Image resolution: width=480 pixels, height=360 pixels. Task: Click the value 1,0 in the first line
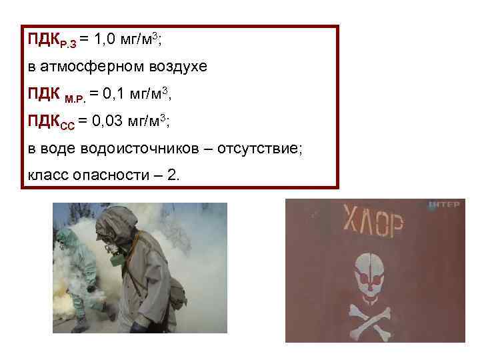(106, 40)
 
